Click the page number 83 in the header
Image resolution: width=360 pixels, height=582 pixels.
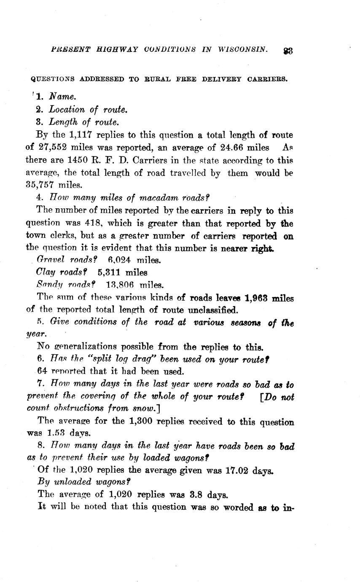(x=288, y=51)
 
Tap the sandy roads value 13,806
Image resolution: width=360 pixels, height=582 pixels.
(x=120, y=285)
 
